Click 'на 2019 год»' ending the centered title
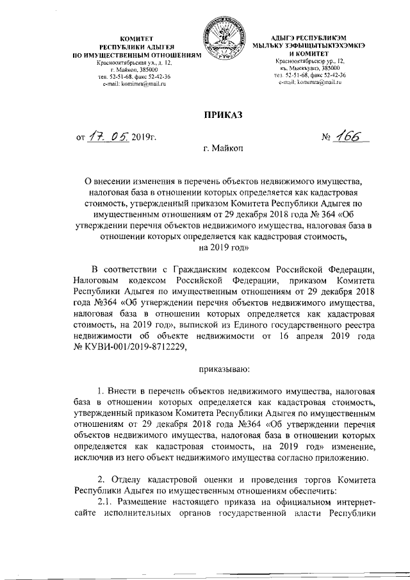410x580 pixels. tap(222, 247)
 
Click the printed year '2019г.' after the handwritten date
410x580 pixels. tap(144, 137)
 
